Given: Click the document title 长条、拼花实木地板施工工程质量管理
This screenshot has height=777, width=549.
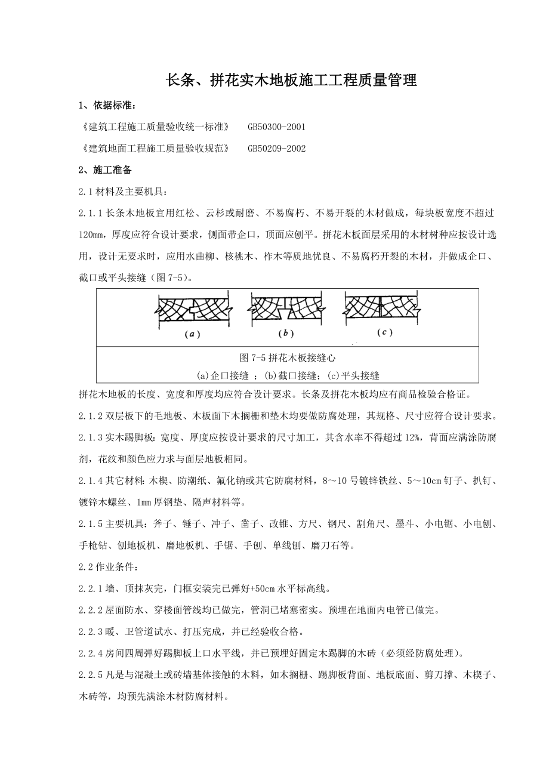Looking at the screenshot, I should coord(291,81).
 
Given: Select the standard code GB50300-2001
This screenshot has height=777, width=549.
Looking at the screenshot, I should coord(276,127).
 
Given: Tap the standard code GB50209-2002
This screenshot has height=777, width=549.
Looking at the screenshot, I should coord(276,149).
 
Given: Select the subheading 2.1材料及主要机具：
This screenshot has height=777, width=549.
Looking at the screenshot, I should coord(124,192).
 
